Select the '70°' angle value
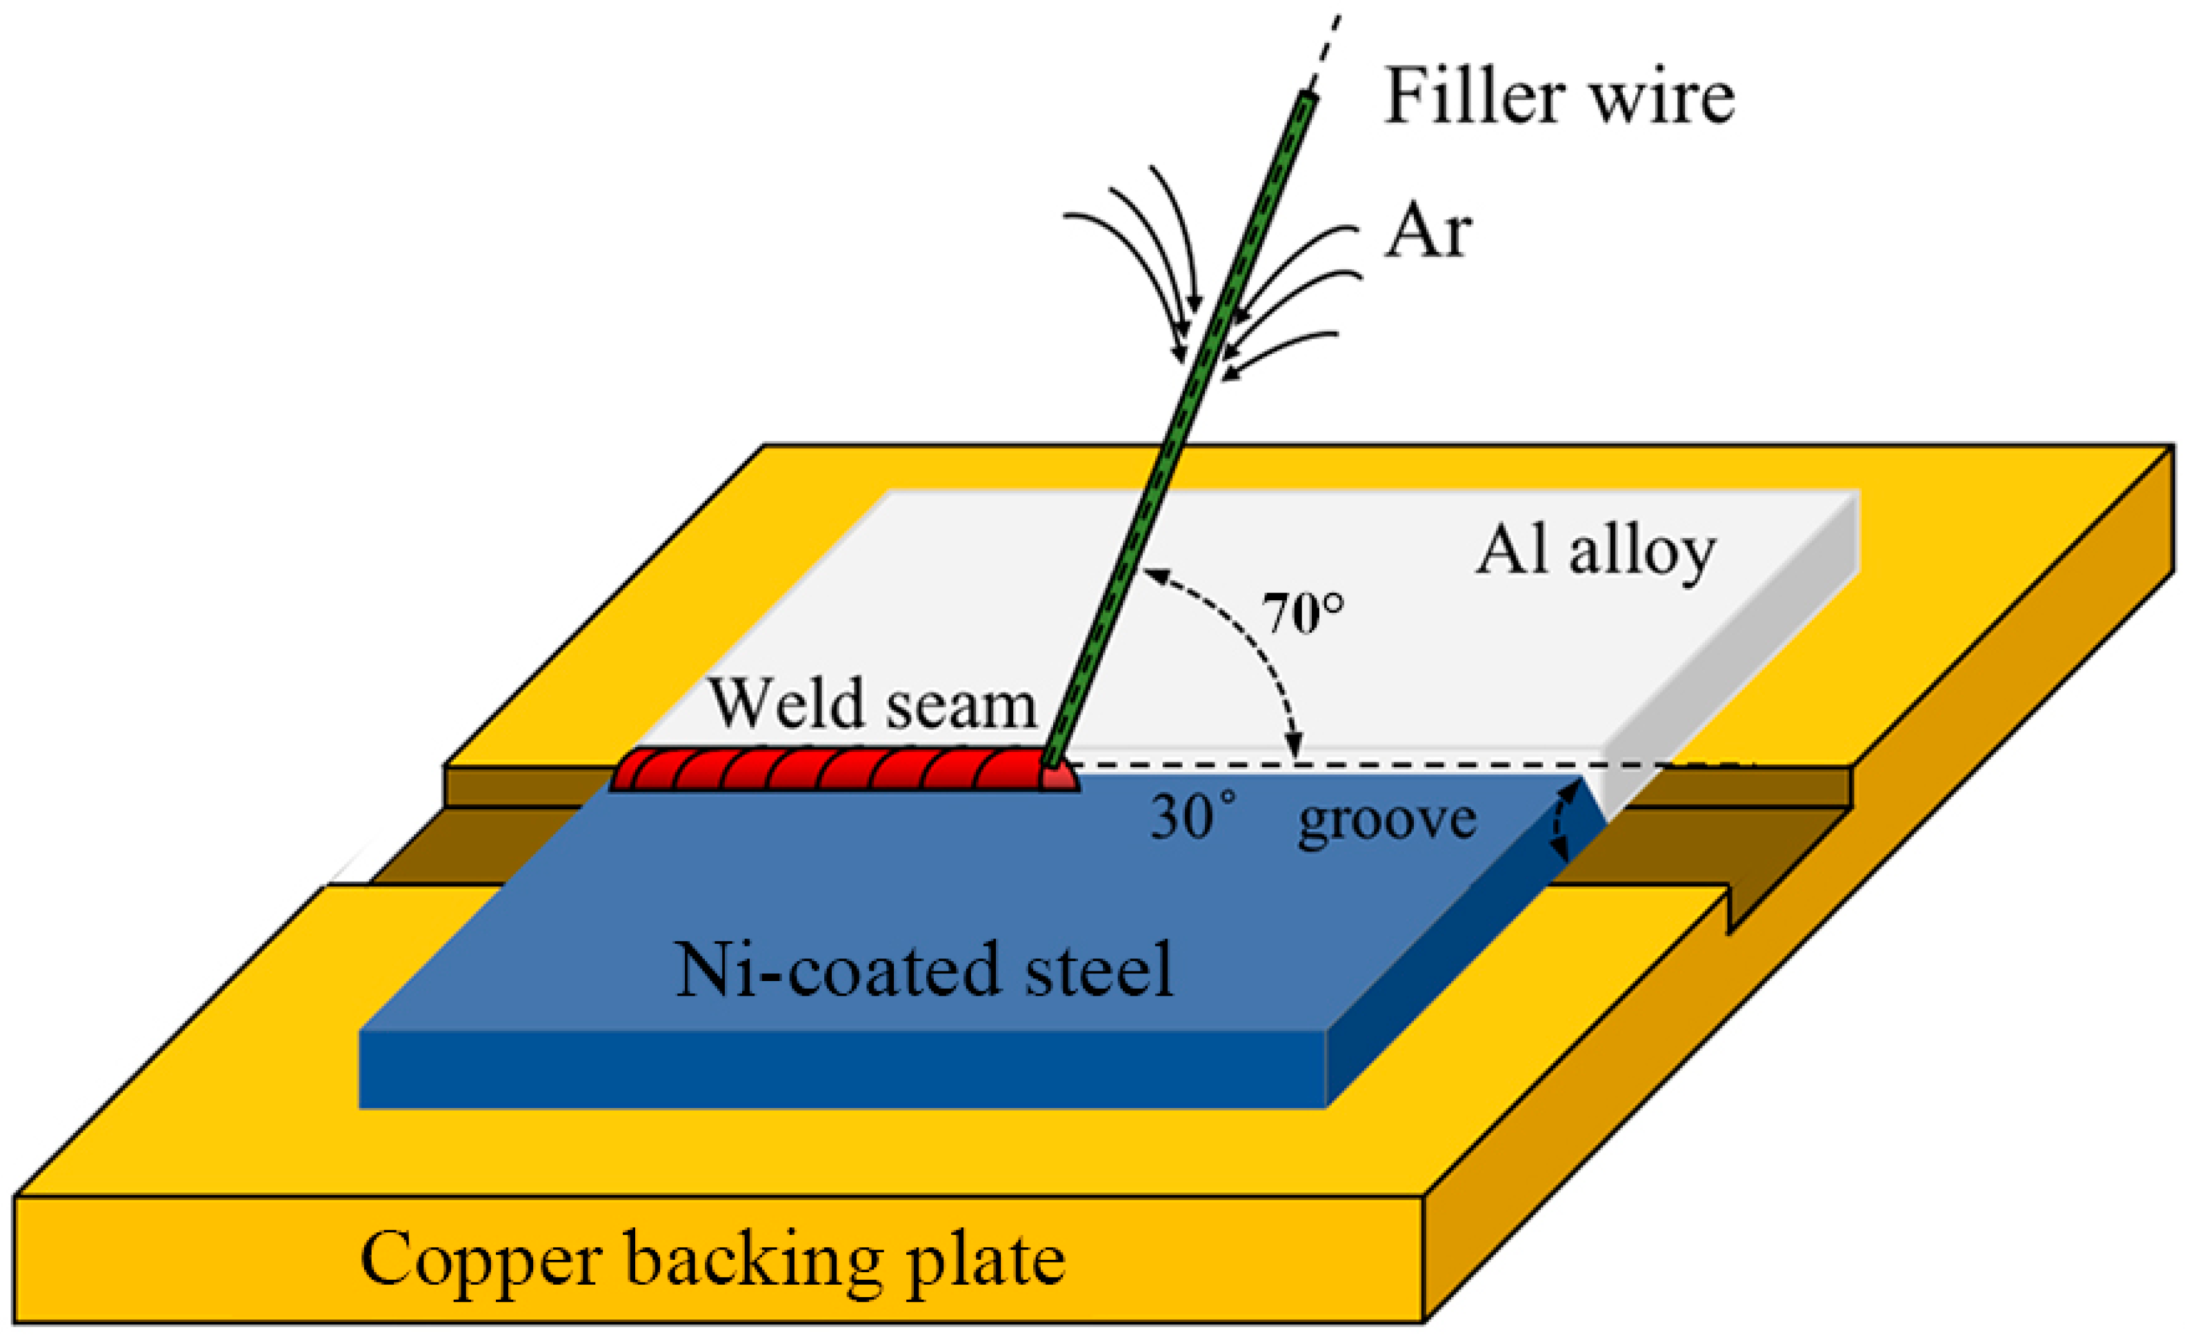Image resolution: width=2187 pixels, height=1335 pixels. point(1303,613)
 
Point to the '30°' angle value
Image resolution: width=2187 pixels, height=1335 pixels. point(1192,817)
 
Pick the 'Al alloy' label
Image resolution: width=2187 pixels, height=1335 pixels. point(1595,551)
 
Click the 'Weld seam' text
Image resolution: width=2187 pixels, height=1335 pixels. point(872,704)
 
